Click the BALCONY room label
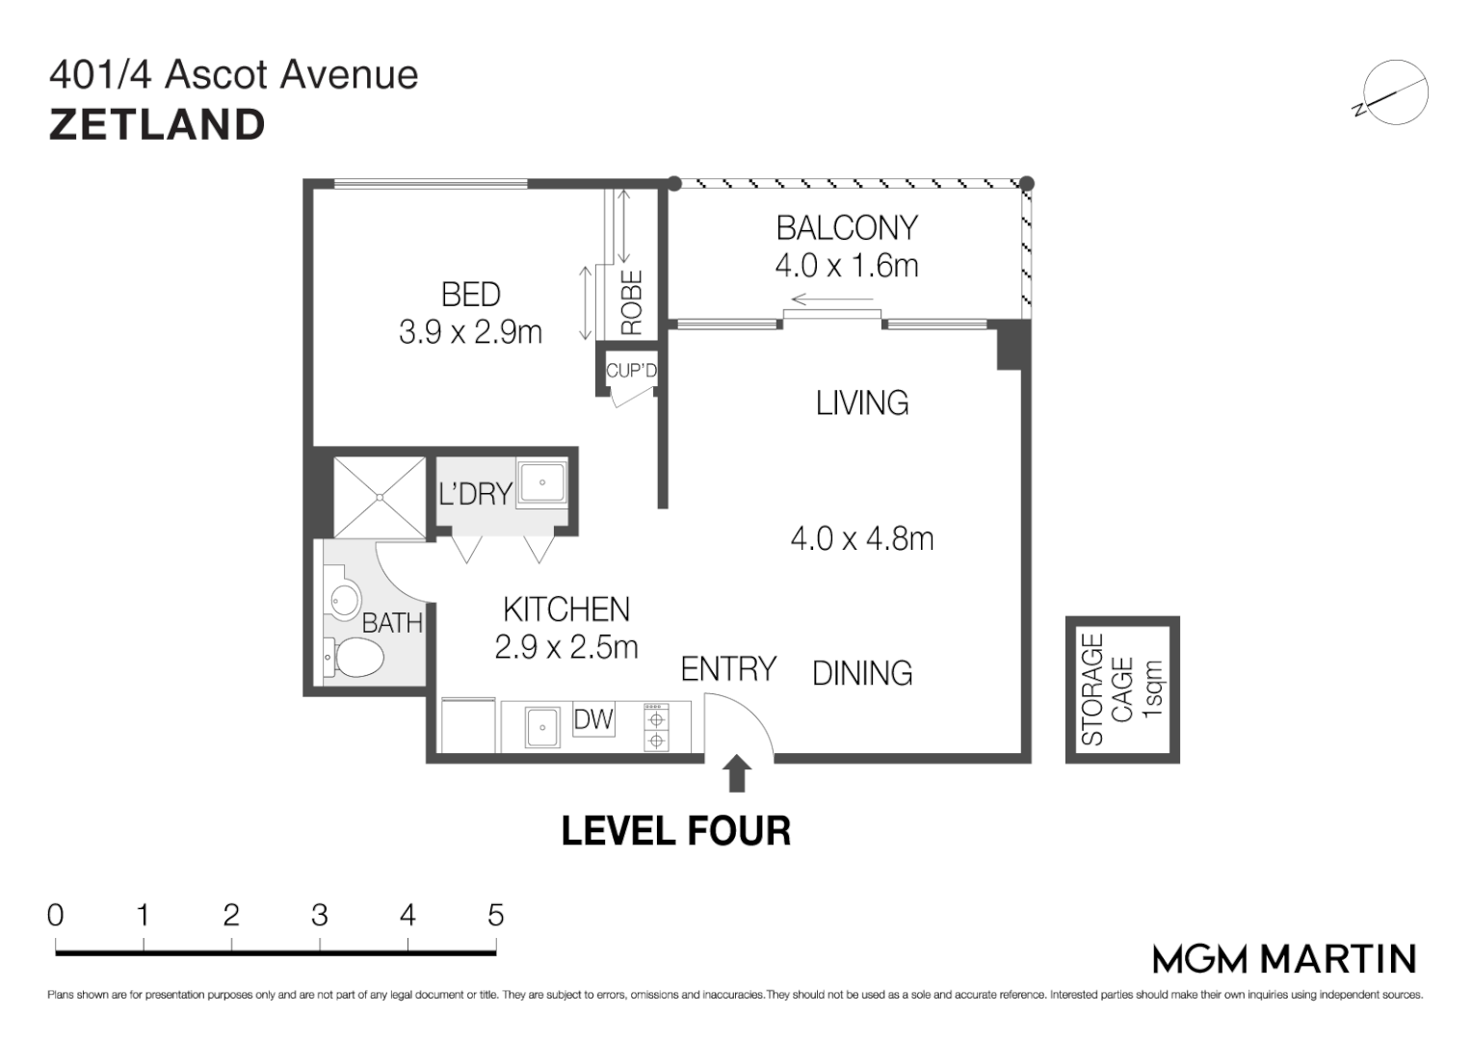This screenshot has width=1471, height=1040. pyautogui.click(x=847, y=228)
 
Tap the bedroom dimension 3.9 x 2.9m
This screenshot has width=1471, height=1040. pyautogui.click(x=470, y=332)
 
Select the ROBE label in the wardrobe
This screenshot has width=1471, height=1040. pyautogui.click(x=632, y=302)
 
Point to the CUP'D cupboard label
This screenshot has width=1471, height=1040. pyautogui.click(x=630, y=371)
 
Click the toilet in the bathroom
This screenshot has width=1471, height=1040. pyautogui.click(x=354, y=657)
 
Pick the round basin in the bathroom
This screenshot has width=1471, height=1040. pyautogui.click(x=346, y=600)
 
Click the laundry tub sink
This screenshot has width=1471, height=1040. pyautogui.click(x=541, y=482)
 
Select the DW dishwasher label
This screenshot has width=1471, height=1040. pyautogui.click(x=593, y=719)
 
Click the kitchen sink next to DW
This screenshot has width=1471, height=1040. pyautogui.click(x=542, y=727)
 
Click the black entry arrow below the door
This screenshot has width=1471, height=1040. pyautogui.click(x=738, y=772)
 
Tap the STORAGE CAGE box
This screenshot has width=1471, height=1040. pyautogui.click(x=1123, y=689)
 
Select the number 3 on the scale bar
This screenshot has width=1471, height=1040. pyautogui.click(x=320, y=915)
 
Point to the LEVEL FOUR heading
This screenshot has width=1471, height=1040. pyautogui.click(x=676, y=830)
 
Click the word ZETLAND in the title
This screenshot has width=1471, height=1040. pyautogui.click(x=157, y=125)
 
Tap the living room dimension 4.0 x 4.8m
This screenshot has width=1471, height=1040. pyautogui.click(x=861, y=539)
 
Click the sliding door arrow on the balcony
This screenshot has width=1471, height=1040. pyautogui.click(x=832, y=300)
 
